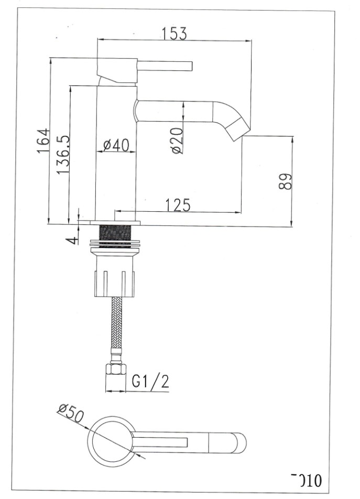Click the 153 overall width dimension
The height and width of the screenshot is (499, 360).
tap(174, 33)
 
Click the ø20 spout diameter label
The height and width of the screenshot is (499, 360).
tap(177, 140)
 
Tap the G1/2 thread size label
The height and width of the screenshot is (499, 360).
tap(150, 382)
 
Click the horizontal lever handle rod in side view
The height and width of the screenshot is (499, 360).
tap(165, 66)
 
